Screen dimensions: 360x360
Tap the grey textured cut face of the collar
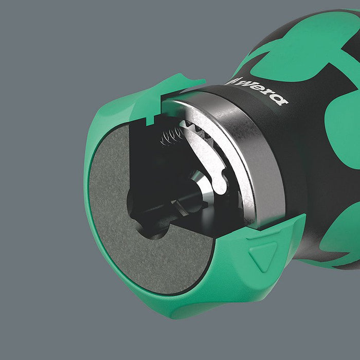[113, 216]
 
